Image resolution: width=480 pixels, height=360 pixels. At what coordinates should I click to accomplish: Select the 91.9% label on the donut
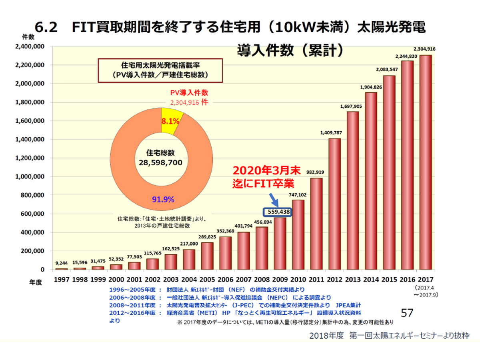[x=163, y=199]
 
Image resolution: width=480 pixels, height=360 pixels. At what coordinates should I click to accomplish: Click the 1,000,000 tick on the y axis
[x=30, y=177]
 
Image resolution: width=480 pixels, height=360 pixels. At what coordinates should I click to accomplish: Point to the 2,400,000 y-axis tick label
[x=30, y=47]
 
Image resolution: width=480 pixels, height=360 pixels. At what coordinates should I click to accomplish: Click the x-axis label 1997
[x=62, y=279]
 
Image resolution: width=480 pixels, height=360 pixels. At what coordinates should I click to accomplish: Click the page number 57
[x=406, y=313]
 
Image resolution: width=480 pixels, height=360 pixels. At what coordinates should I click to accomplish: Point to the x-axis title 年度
[x=35, y=283]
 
